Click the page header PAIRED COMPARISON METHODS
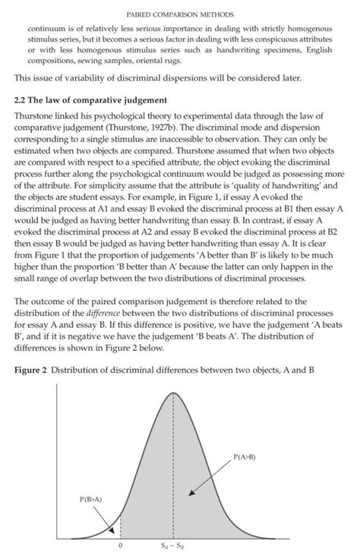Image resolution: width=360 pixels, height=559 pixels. [180, 14]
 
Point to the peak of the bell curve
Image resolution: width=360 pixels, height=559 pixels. [173, 393]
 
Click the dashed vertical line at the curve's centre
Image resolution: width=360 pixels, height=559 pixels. [173, 471]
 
